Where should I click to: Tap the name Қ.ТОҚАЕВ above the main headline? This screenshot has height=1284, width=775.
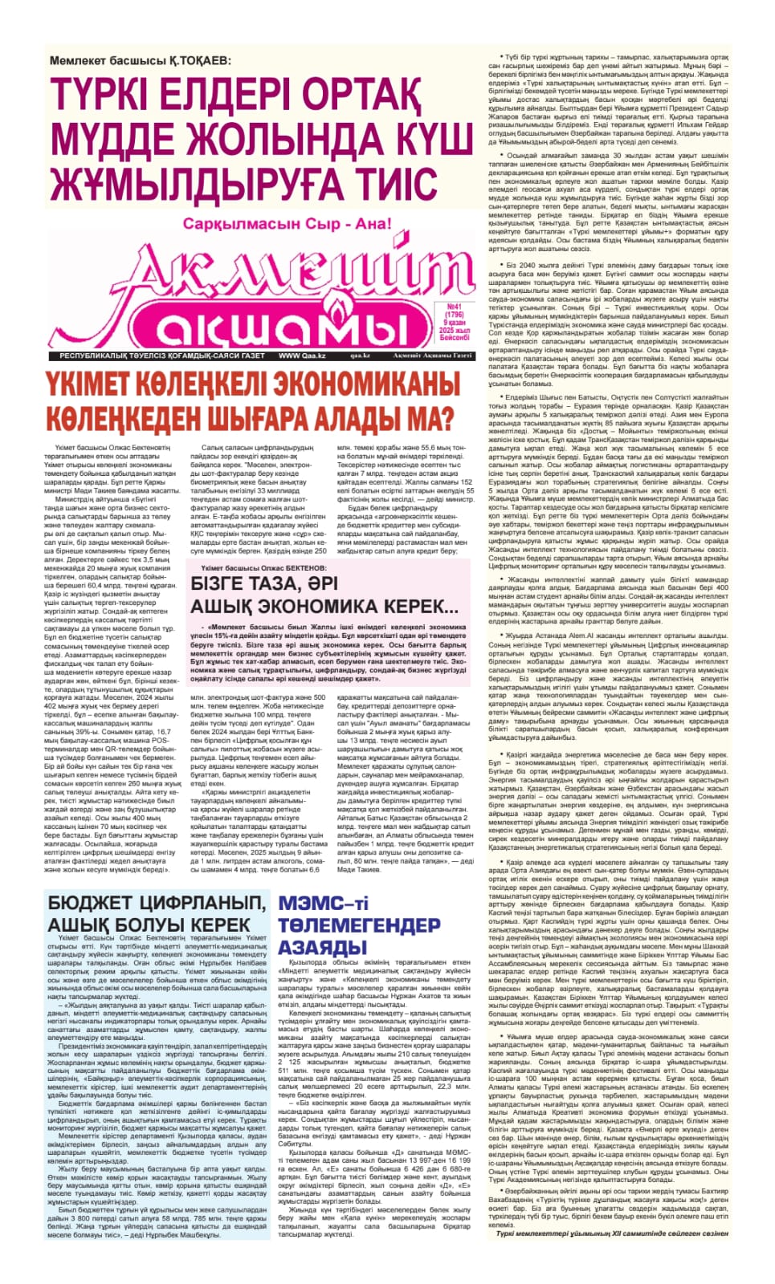190,61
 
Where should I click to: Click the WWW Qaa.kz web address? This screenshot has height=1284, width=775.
301,356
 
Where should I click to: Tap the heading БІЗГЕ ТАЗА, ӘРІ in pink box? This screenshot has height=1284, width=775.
265,583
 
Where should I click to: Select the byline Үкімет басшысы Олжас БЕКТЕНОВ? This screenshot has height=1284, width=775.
261,567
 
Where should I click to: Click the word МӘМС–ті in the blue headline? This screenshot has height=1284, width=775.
323,903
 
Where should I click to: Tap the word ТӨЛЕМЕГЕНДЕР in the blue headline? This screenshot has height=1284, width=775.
359,925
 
